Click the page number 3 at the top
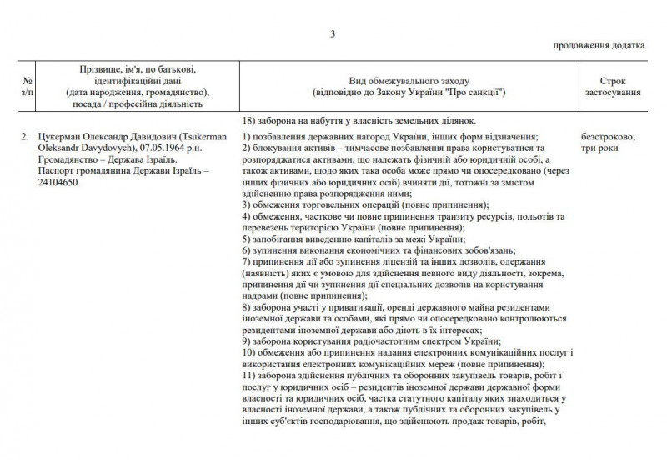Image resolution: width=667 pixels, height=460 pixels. click(333, 34)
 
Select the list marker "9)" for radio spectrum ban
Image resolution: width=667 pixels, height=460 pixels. click(247, 341)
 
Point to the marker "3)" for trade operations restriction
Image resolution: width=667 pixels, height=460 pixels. click(247, 205)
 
